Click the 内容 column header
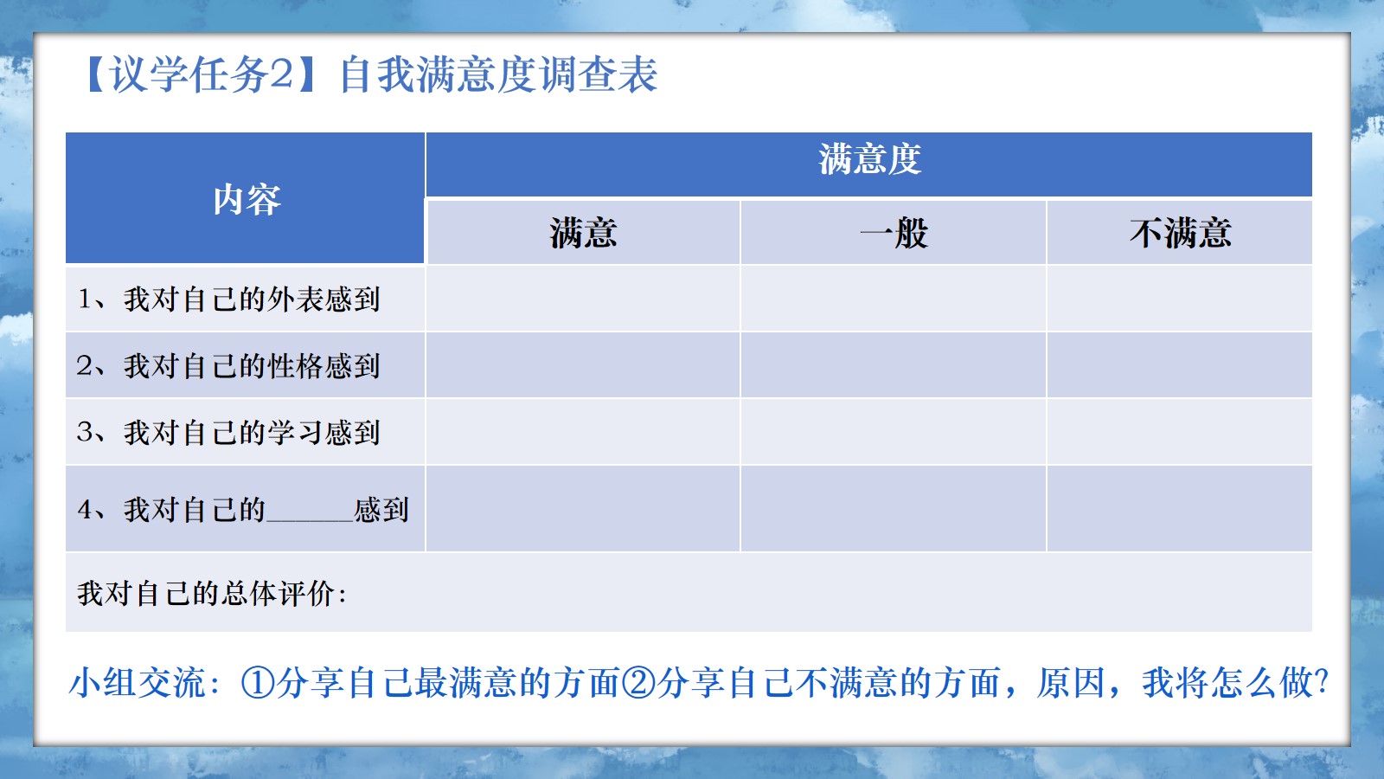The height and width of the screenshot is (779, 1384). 247,199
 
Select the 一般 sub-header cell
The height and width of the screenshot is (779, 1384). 894,233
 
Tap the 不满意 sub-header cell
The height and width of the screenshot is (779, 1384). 1180,233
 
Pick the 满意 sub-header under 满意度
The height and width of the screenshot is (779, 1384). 583,233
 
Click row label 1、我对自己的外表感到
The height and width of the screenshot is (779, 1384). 228,299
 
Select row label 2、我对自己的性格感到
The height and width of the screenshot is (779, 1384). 228,365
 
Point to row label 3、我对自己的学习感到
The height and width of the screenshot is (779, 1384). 228,432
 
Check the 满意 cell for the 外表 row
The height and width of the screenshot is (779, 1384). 583,299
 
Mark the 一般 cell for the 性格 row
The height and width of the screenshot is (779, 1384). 894,364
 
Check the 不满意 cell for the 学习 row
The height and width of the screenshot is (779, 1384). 1180,432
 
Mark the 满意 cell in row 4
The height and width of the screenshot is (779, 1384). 583,508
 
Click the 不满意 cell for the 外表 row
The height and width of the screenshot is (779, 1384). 1180,299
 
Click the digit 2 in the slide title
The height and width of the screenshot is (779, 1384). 281,74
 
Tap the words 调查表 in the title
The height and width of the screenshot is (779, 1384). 599,74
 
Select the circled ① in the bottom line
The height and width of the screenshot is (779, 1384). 257,683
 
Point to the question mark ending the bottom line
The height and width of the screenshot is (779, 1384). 1322,682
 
